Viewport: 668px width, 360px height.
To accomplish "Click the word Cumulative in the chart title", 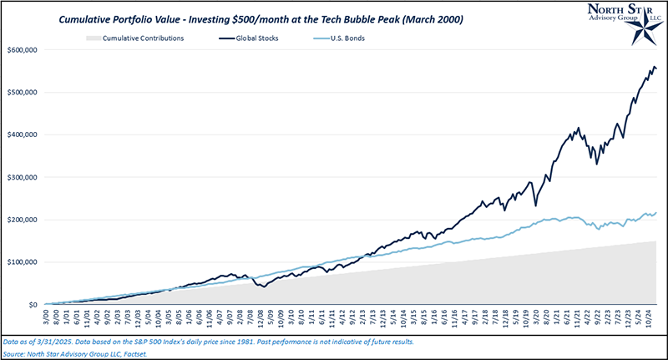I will pyautogui.click(x=89, y=16).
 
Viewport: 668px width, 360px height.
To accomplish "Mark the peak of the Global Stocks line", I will pyautogui.click(x=653, y=65).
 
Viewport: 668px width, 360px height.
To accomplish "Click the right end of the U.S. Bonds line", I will pyautogui.click(x=656, y=212).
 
